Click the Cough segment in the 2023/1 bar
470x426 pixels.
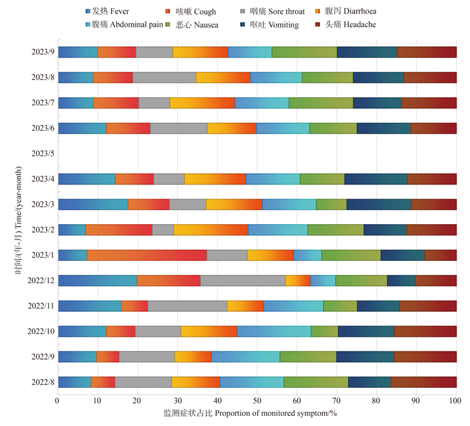click(x=147, y=255)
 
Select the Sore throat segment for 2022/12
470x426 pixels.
click(x=243, y=280)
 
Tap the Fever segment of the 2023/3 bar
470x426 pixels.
click(x=93, y=205)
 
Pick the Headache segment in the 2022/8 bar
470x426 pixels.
click(x=424, y=382)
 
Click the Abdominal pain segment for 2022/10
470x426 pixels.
click(x=274, y=331)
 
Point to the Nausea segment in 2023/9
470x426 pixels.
click(x=304, y=52)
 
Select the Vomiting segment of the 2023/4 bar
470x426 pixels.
click(x=376, y=179)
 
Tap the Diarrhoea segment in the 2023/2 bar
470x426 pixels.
click(x=211, y=230)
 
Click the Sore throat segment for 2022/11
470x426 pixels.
click(x=187, y=306)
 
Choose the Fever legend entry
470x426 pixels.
click(x=107, y=11)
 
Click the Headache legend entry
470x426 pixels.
click(x=346, y=24)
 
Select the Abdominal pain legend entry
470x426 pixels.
click(x=124, y=24)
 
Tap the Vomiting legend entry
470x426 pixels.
click(x=269, y=25)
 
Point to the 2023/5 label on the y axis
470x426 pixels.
click(x=43, y=154)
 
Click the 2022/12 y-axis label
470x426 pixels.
click(x=41, y=280)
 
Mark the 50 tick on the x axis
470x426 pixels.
click(x=257, y=401)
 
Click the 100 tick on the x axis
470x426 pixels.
click(x=455, y=401)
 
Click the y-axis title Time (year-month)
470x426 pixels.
click(x=18, y=220)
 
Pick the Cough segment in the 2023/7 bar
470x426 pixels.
click(x=116, y=103)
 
